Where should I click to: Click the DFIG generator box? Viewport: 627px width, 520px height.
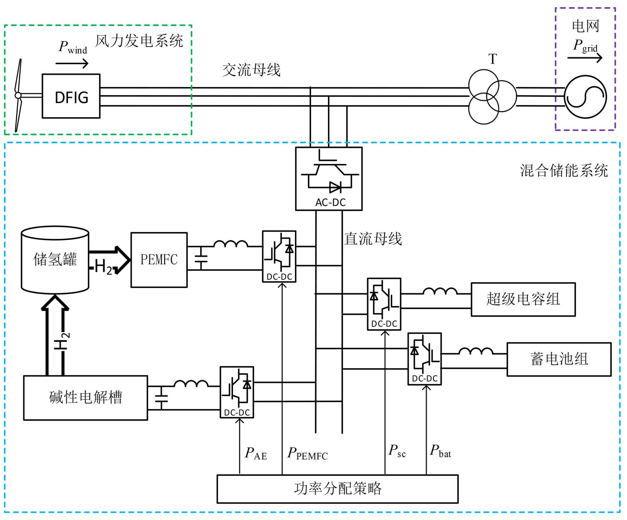(x=71, y=96)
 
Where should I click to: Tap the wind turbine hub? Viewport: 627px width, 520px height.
(x=18, y=95)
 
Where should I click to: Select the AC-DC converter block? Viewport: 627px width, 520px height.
(x=329, y=179)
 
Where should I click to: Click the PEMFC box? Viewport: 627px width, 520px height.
(x=159, y=260)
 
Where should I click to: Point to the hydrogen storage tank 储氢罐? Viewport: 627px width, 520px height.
(x=55, y=260)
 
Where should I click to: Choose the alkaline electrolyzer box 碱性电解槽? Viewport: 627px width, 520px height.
(x=86, y=397)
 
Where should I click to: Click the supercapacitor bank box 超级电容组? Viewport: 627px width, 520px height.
(x=523, y=299)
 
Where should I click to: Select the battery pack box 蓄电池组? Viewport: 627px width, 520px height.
(x=559, y=359)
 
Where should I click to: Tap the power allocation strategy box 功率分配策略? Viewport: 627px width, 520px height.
(x=337, y=489)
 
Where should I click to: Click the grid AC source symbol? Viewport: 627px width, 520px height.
(x=585, y=97)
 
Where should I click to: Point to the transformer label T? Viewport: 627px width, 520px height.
(x=493, y=59)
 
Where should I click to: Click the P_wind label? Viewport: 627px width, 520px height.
(x=73, y=47)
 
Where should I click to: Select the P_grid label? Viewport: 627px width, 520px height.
(x=585, y=46)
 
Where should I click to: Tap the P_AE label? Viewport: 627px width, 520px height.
(x=256, y=454)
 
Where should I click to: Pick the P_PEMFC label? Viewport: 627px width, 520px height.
(x=308, y=454)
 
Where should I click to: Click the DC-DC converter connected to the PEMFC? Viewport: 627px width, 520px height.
(x=279, y=256)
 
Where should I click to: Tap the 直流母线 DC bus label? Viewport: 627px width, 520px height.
(x=373, y=239)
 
